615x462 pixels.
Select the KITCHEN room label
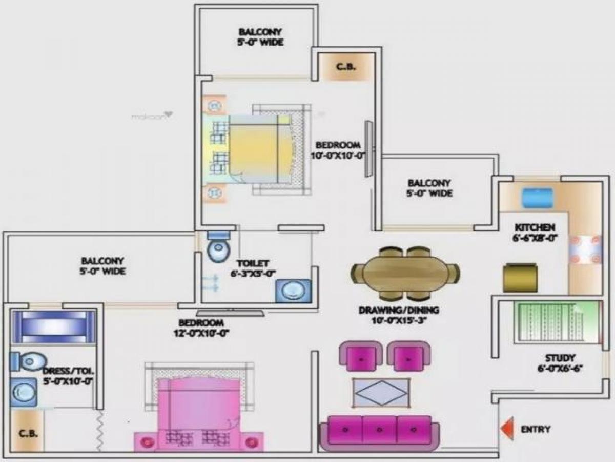point(535,227)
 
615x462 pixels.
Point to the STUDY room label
point(560,358)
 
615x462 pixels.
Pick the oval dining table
point(405,273)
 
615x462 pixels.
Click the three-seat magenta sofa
point(379,431)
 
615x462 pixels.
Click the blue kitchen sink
point(537,197)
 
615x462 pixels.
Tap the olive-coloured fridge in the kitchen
point(520,278)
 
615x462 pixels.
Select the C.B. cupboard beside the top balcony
point(345,67)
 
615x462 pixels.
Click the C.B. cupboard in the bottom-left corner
point(27,432)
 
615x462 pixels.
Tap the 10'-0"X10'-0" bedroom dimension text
point(339,156)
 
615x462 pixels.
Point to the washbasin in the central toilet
point(293,291)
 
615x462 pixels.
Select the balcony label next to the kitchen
point(429,188)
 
